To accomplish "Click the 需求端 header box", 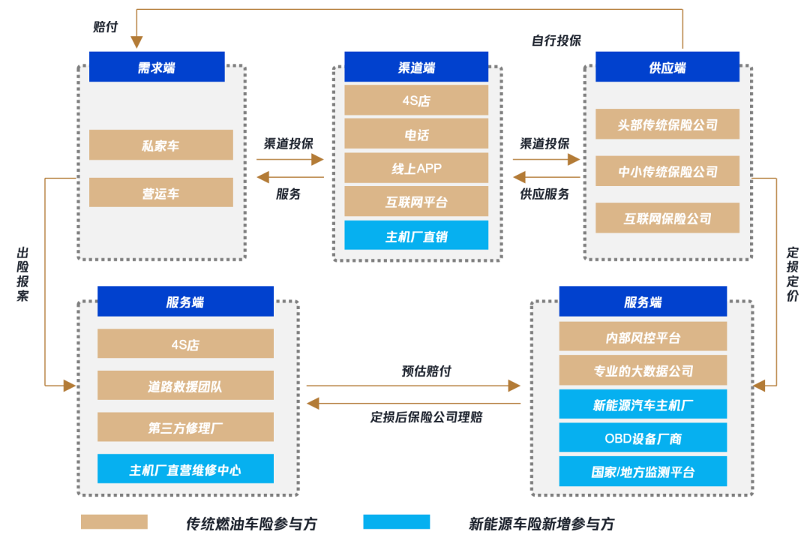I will (x=157, y=67).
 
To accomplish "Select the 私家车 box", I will (x=160, y=145).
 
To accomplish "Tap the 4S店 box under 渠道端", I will (x=416, y=100).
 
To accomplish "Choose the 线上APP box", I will (x=416, y=168).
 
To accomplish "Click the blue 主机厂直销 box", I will (x=416, y=236).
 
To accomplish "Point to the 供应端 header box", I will (x=667, y=67).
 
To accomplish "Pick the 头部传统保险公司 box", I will (x=667, y=125).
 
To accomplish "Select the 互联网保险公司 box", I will (x=667, y=218).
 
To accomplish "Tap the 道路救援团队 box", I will (x=185, y=386).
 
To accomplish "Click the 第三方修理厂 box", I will (x=185, y=428).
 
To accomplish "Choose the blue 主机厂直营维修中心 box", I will (x=185, y=470).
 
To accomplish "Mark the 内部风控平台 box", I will (x=643, y=337).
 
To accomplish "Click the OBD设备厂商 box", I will (x=643, y=438).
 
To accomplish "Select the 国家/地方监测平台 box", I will (x=643, y=472).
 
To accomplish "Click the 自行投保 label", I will (x=556, y=41).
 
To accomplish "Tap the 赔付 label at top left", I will (x=106, y=27).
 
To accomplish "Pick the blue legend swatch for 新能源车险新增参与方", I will (x=396, y=522).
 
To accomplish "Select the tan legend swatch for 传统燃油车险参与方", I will (x=114, y=522).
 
